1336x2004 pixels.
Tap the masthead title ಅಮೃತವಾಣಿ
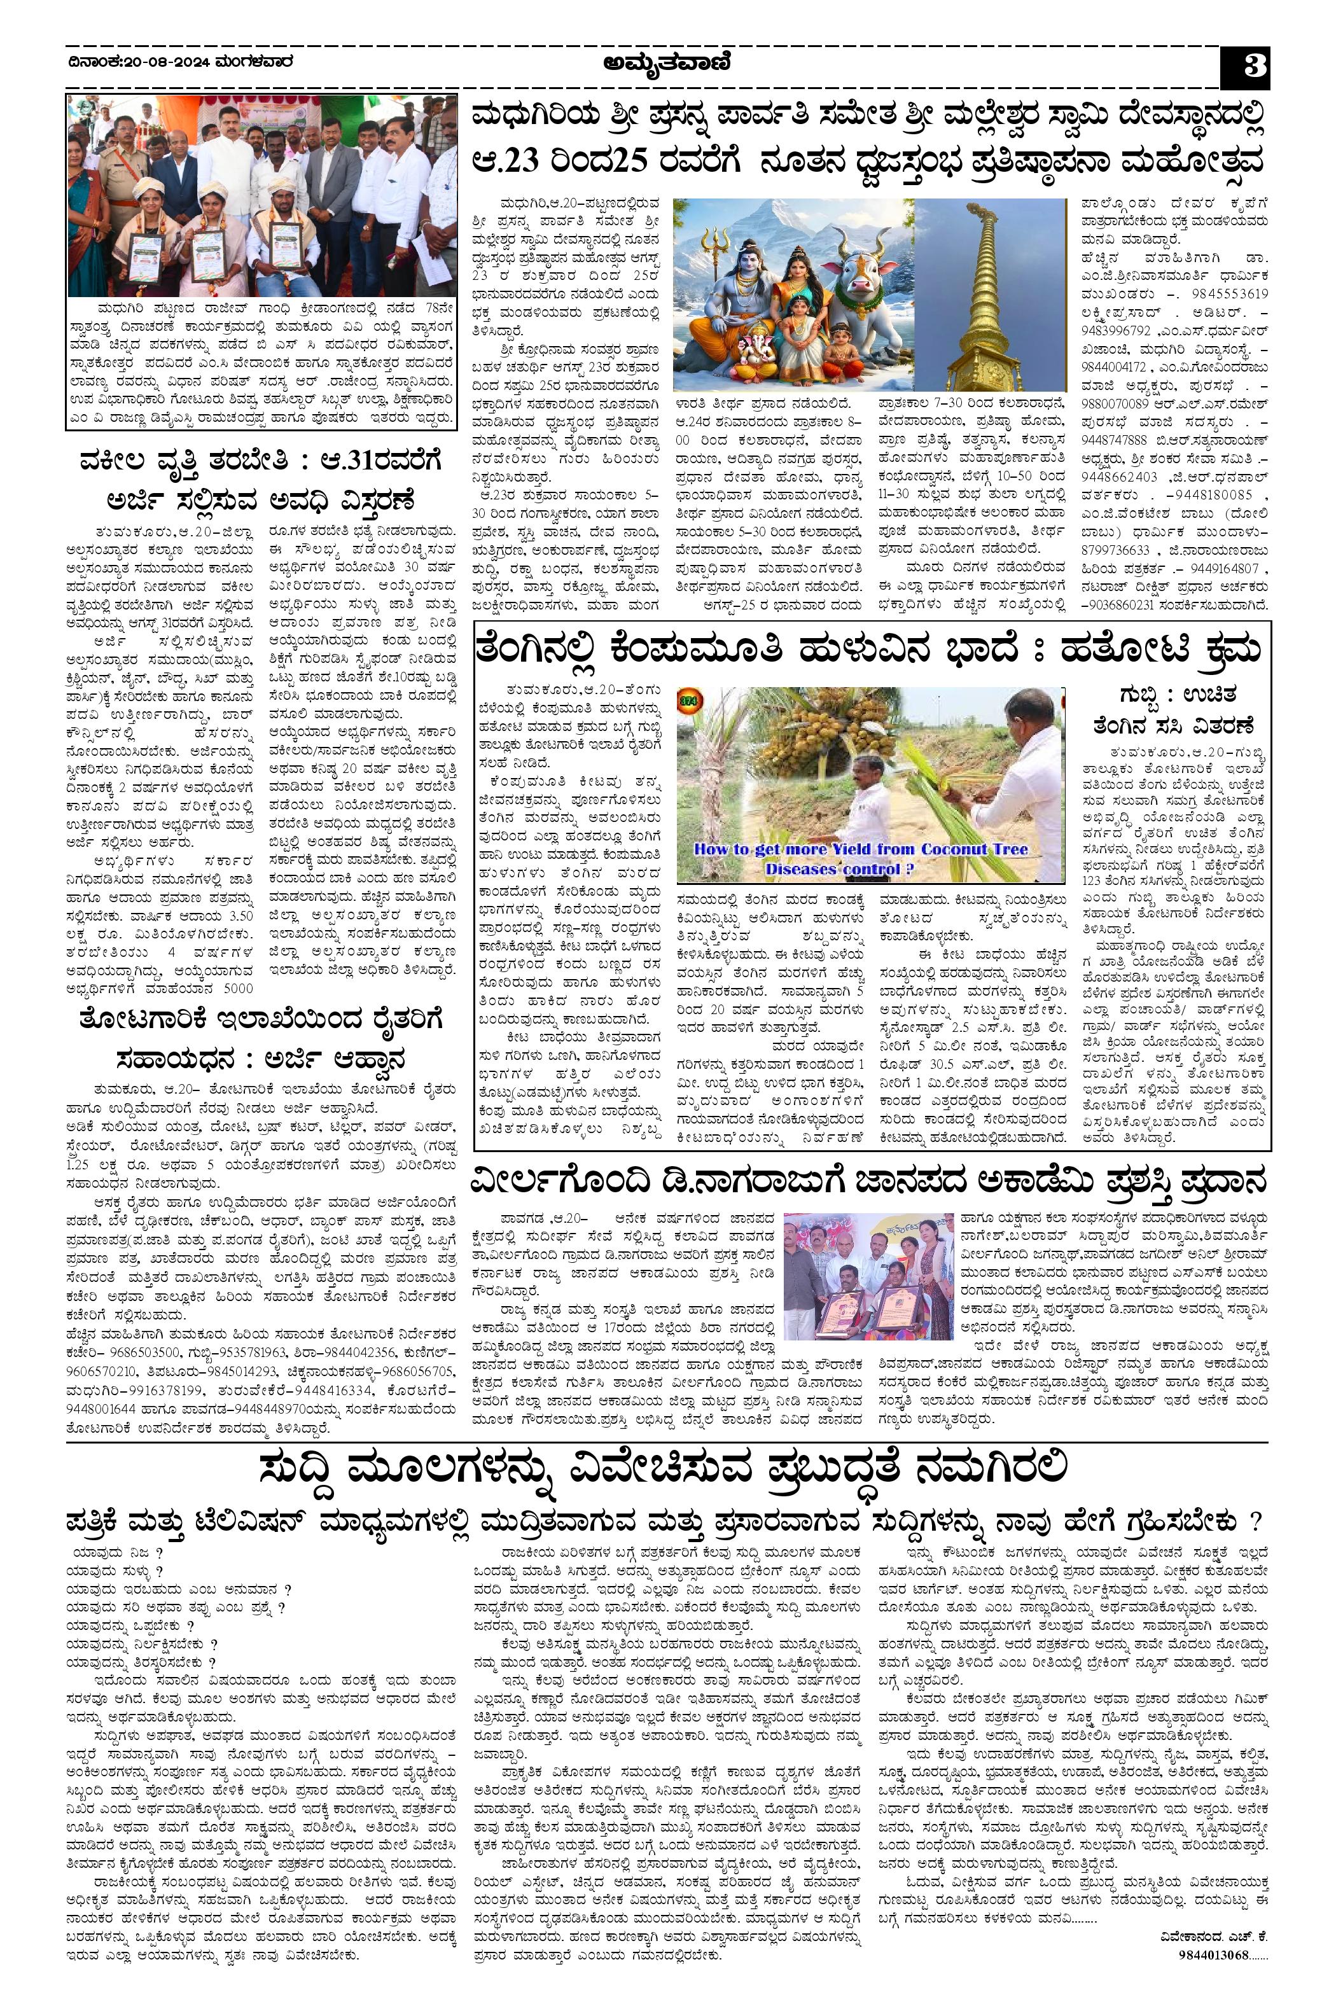pos(667,63)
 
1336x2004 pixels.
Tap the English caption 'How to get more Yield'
pos(861,849)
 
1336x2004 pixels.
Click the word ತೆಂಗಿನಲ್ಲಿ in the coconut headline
pos(550,651)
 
